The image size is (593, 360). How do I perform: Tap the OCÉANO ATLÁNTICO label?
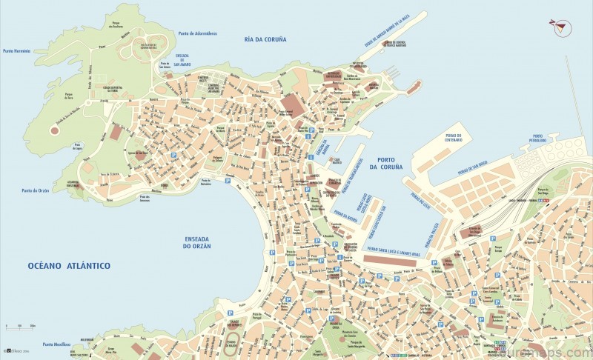[69, 265]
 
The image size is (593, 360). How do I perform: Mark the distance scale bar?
[22, 327]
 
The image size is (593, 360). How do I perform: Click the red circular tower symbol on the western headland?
[53, 130]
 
